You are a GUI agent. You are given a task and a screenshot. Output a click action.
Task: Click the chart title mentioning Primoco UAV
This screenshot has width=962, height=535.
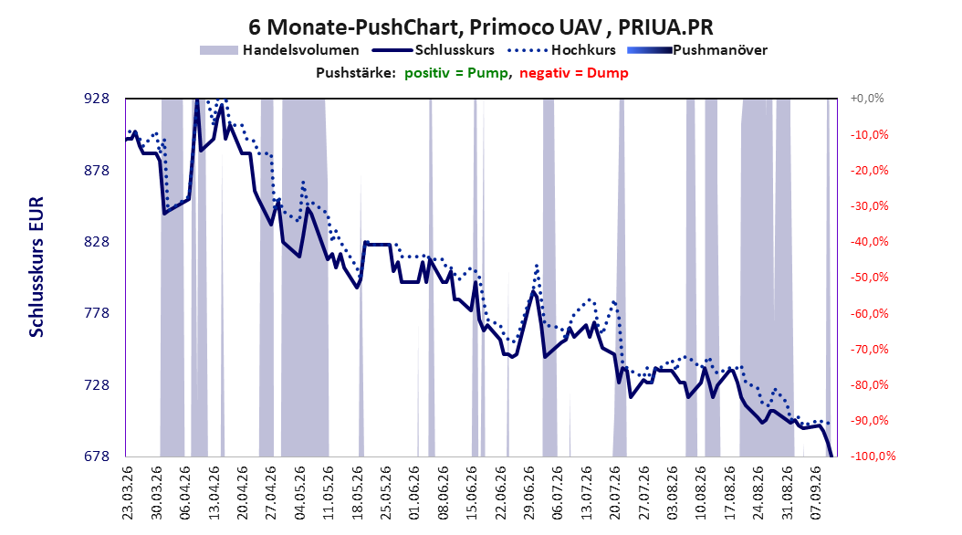480,27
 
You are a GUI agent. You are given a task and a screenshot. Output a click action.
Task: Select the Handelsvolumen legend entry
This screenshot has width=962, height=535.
279,50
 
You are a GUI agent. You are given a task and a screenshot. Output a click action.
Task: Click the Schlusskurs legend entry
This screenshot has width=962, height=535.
434,50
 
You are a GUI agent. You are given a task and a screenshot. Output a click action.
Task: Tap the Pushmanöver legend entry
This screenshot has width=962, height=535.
697,50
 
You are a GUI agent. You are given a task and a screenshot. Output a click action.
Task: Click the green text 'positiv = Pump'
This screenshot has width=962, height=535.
456,73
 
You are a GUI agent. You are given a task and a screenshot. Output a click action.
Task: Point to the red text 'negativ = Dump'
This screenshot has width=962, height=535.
574,73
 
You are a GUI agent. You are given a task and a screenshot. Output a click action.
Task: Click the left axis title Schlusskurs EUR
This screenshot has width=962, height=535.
37,267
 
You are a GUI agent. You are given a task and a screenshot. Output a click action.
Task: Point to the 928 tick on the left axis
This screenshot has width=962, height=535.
97,99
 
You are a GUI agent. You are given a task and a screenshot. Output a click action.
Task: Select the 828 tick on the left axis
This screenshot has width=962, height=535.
97,242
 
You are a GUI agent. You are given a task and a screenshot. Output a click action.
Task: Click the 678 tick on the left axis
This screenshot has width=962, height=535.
97,456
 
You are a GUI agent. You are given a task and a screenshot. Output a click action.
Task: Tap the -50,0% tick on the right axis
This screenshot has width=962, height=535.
869,278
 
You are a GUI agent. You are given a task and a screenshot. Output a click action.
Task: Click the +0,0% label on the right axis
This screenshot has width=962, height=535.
867,99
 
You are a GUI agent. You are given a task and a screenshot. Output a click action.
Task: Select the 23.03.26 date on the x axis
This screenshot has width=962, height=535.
128,493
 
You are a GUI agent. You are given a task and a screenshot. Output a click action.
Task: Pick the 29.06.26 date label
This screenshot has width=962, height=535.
529,493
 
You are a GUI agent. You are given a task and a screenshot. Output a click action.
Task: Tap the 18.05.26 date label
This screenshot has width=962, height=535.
357,493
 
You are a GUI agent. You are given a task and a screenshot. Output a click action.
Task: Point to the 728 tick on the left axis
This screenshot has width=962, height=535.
97,384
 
